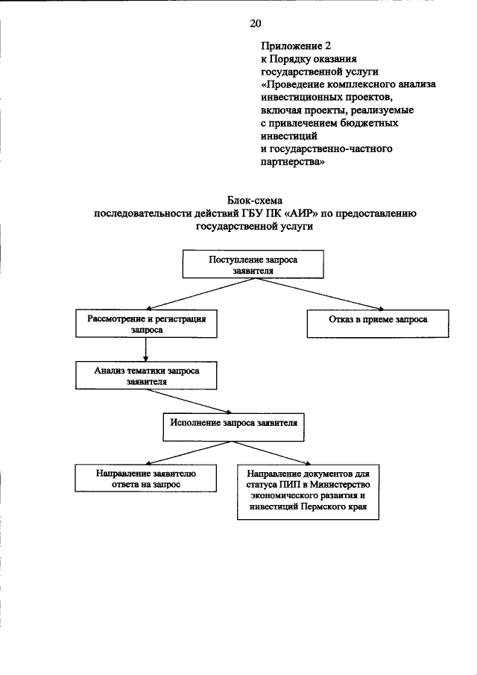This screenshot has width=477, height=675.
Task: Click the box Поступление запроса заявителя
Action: (x=252, y=266)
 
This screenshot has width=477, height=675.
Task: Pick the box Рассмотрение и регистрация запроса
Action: (x=146, y=323)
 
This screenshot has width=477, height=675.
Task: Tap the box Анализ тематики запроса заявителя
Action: (x=146, y=375)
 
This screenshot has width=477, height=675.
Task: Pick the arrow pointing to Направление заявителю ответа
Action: (x=177, y=452)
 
